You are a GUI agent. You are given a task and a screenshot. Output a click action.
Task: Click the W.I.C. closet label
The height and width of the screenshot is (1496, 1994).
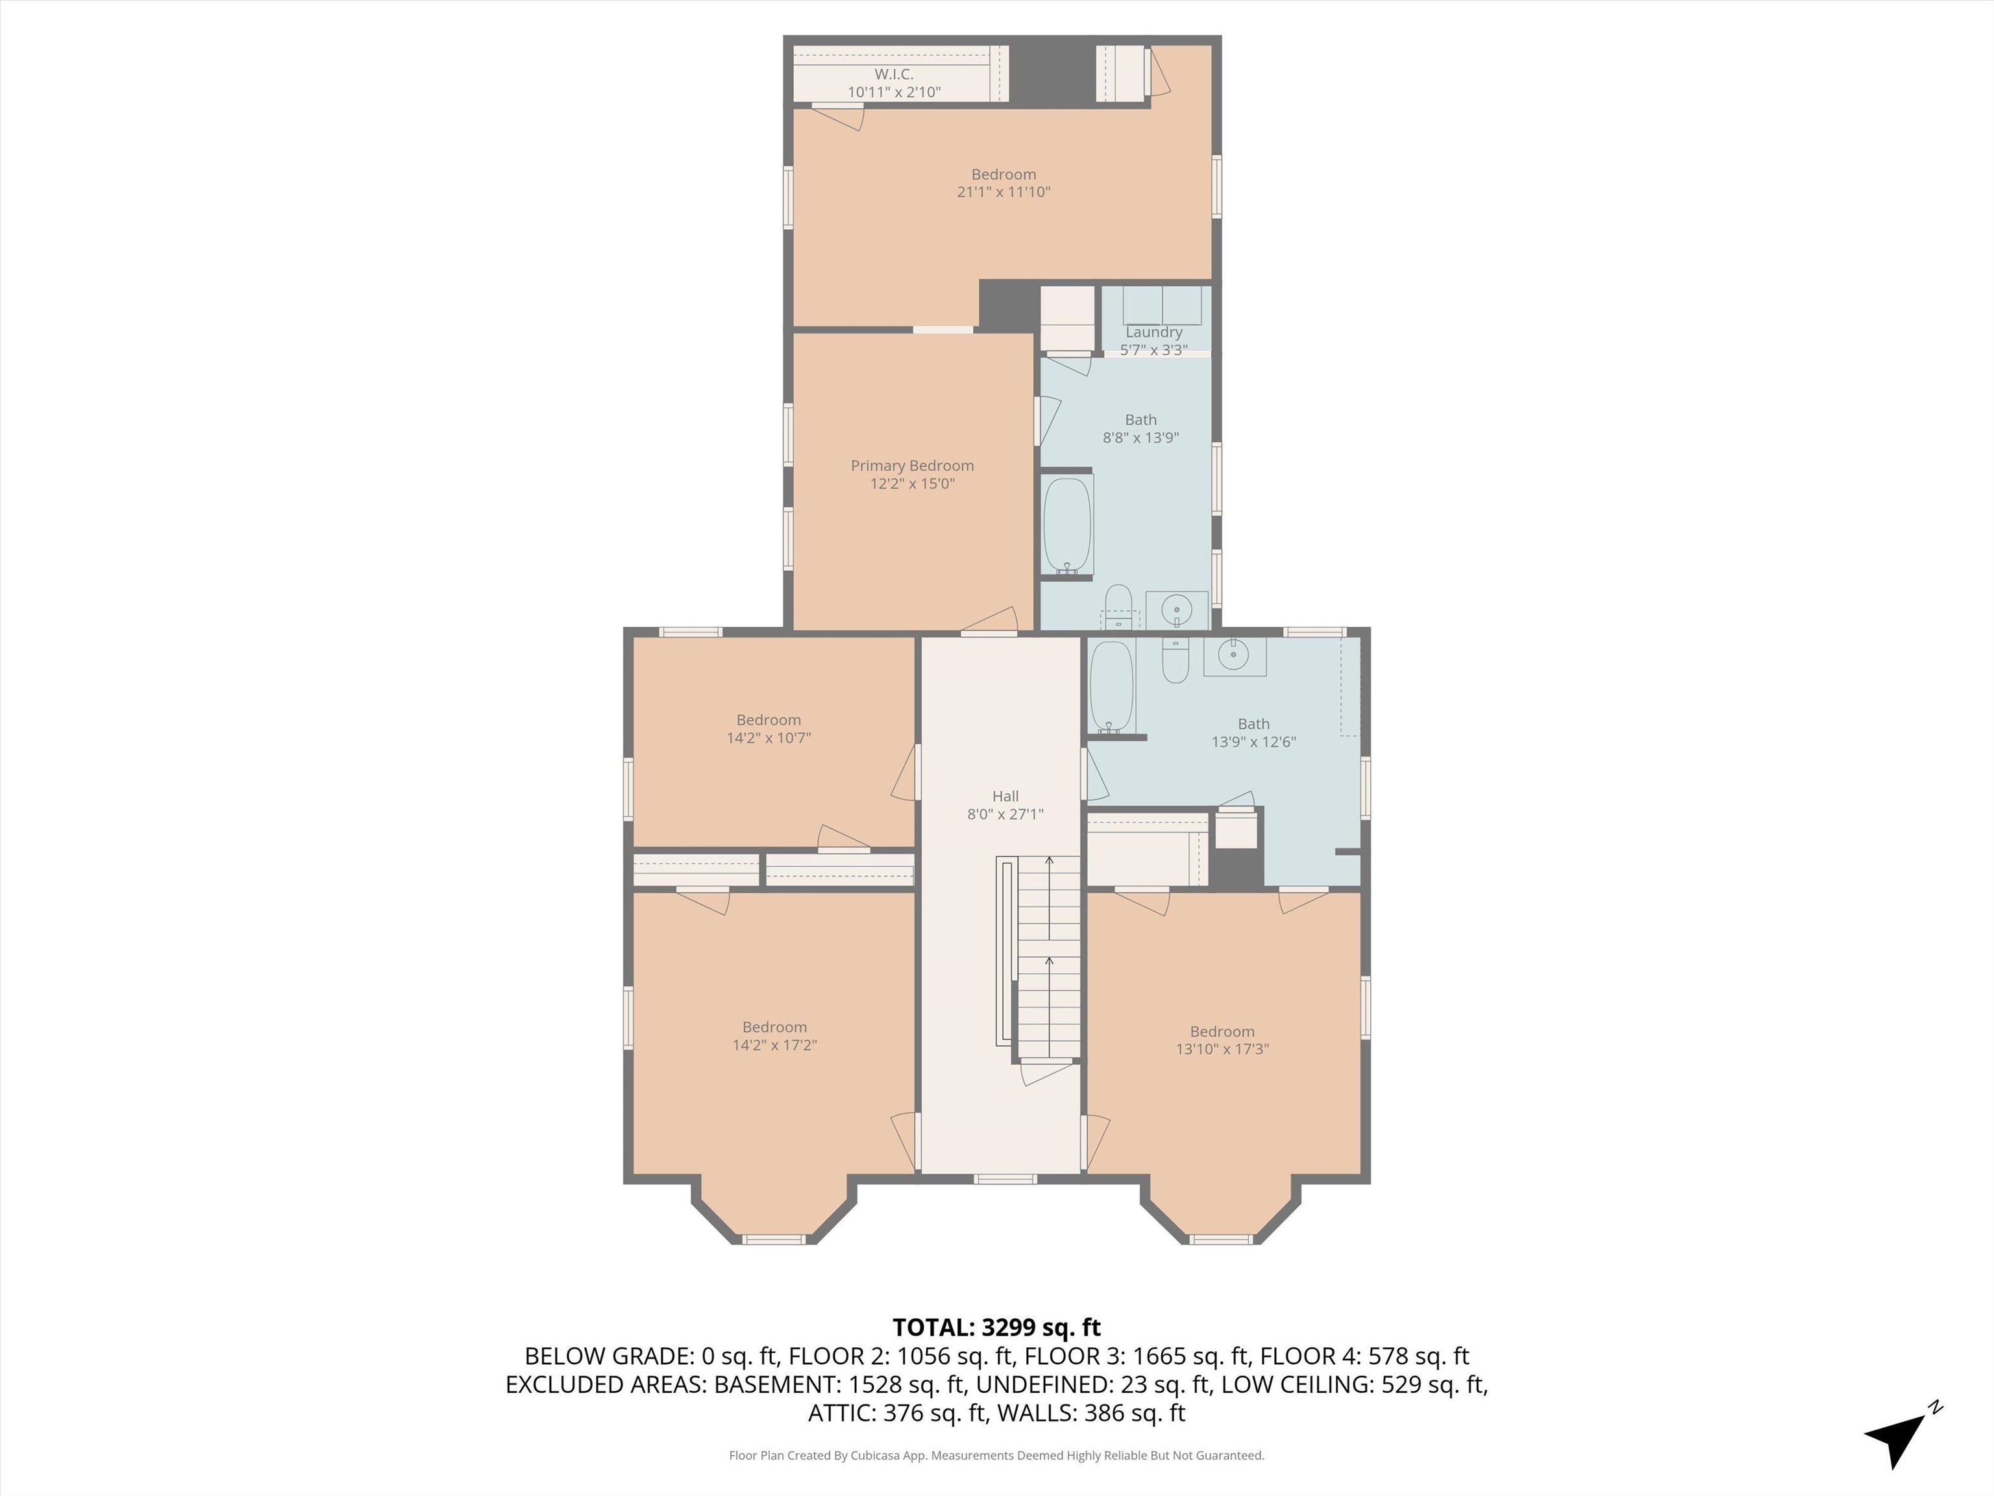pyautogui.click(x=893, y=75)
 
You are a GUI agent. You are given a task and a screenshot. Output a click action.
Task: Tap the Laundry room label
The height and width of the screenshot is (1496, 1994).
pyautogui.click(x=1153, y=332)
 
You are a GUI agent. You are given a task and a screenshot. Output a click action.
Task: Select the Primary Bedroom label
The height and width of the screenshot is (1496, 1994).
pyautogui.click(x=912, y=466)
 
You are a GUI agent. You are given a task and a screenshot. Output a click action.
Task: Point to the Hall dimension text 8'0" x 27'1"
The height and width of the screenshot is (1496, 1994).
pyautogui.click(x=1005, y=814)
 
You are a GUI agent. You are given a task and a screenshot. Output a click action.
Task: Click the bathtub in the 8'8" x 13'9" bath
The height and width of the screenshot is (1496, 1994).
pyautogui.click(x=1067, y=523)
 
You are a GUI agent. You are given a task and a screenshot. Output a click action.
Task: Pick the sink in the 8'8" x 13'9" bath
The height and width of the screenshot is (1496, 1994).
pyautogui.click(x=1176, y=610)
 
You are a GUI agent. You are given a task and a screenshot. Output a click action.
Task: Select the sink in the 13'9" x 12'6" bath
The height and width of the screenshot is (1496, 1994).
pyautogui.click(x=1233, y=656)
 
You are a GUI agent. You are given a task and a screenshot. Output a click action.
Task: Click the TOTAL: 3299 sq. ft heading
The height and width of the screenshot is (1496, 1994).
pyautogui.click(x=996, y=1327)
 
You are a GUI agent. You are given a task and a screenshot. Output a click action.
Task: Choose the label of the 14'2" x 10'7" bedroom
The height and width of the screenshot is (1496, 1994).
pyautogui.click(x=768, y=719)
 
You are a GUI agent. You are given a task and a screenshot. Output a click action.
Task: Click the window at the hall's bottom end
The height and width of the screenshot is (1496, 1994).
pyautogui.click(x=1005, y=1178)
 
